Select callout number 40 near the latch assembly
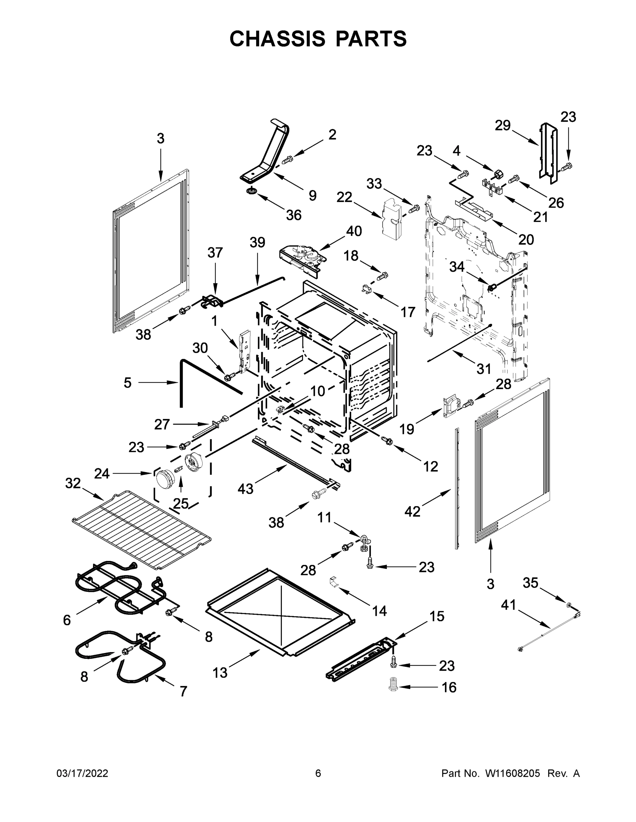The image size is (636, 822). click(x=354, y=231)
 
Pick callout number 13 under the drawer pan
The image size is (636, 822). click(x=220, y=673)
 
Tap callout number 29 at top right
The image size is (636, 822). click(x=503, y=125)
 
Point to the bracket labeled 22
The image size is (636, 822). click(x=392, y=219)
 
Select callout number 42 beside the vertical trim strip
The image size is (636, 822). click(x=412, y=511)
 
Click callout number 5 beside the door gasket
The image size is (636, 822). click(x=128, y=383)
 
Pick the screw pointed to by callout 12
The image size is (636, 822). click(x=387, y=439)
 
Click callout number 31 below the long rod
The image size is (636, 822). click(x=484, y=369)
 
